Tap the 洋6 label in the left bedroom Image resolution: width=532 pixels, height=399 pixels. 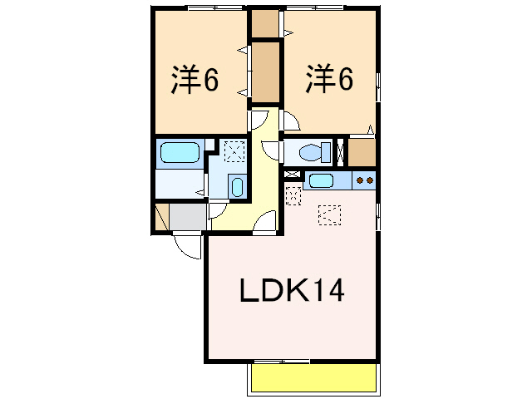click(195, 80)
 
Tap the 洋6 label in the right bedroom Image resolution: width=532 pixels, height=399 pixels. click(329, 80)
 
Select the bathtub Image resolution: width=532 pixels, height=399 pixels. click(179, 153)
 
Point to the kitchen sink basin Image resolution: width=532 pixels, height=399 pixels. click(321, 180)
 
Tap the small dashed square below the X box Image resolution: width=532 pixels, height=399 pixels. click(293, 196)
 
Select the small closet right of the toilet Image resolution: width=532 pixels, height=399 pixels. click(362, 152)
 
